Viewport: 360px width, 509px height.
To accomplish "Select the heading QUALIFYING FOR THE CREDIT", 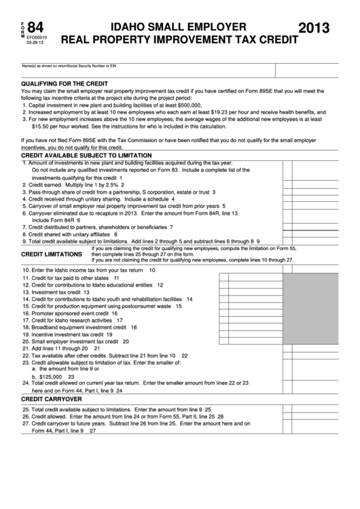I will click(x=65, y=82).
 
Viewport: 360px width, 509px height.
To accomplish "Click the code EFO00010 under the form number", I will click(x=37, y=39).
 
